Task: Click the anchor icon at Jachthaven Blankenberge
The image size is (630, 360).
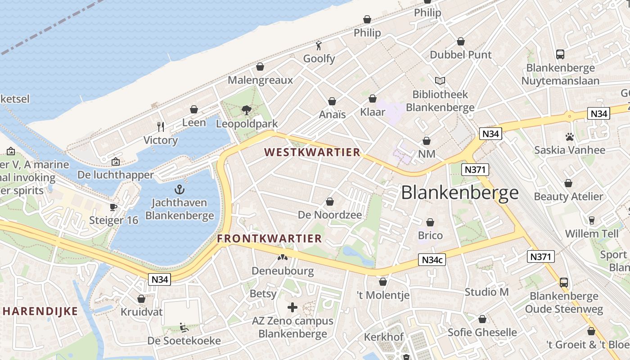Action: (180, 189)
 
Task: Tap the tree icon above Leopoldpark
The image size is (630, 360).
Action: (246, 109)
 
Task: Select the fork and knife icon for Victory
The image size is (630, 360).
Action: (161, 126)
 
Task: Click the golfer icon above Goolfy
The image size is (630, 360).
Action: (319, 45)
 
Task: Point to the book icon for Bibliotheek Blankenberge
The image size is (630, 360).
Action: (440, 81)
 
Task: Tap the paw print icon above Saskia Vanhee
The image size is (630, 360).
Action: (570, 136)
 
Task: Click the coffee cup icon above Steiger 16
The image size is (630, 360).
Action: (113, 207)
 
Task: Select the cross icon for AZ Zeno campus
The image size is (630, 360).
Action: (292, 307)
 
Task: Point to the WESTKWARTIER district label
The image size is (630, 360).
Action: (312, 152)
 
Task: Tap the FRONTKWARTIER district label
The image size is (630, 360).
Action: (270, 238)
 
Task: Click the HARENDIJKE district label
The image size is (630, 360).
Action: (40, 311)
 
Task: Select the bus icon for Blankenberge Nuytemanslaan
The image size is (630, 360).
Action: (560, 54)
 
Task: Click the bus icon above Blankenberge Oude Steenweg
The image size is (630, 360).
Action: (564, 282)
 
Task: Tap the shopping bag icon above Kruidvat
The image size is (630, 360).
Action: (141, 299)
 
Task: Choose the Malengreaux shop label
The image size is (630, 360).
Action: (260, 80)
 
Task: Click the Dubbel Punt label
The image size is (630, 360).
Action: (461, 55)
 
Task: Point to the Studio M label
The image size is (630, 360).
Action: (486, 292)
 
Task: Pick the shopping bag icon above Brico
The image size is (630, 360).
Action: (430, 222)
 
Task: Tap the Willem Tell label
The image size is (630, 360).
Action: (591, 234)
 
